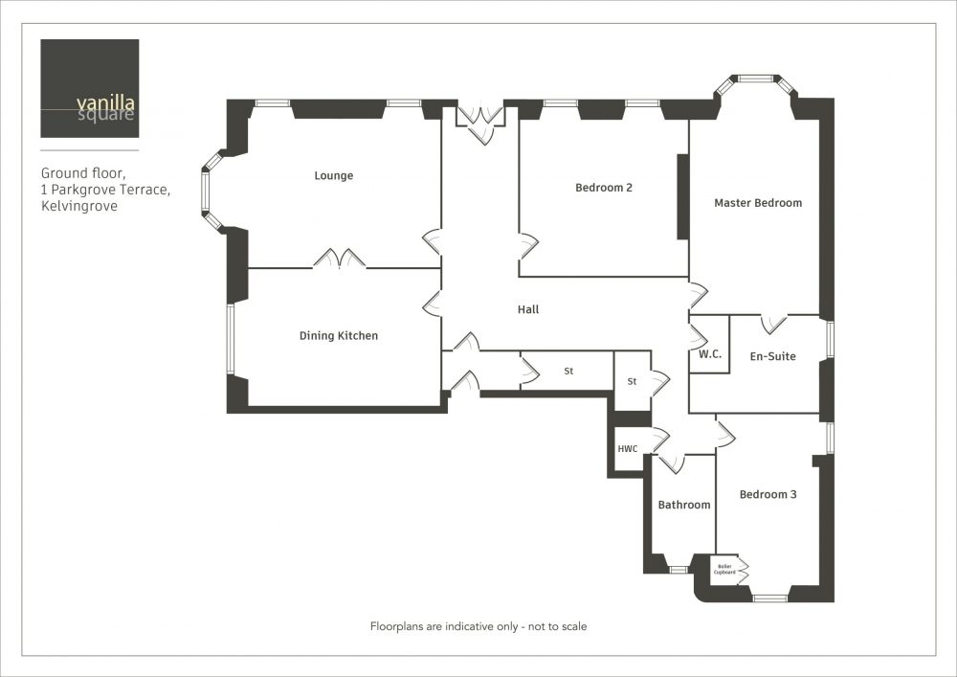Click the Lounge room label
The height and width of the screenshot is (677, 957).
click(x=333, y=176)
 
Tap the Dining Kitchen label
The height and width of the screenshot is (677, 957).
click(x=338, y=336)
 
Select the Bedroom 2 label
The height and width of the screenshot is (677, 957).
click(x=604, y=188)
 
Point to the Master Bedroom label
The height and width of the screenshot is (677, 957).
click(x=758, y=203)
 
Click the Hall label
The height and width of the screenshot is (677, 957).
click(x=528, y=309)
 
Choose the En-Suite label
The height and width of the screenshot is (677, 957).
click(x=772, y=356)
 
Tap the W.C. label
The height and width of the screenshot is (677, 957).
click(x=710, y=354)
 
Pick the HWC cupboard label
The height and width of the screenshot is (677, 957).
click(x=628, y=449)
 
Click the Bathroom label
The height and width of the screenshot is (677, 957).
click(x=684, y=505)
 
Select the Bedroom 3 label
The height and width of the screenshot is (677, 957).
click(x=768, y=494)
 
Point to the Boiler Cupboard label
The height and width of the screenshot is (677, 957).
click(x=724, y=569)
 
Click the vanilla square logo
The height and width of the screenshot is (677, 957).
click(x=90, y=88)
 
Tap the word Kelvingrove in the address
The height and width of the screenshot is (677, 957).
click(x=79, y=206)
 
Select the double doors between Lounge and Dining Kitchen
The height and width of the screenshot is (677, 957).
click(x=340, y=259)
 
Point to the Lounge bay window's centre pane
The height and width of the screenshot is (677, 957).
click(x=205, y=192)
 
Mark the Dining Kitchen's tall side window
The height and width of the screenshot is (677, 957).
click(x=231, y=339)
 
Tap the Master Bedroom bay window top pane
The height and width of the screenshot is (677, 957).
click(x=756, y=79)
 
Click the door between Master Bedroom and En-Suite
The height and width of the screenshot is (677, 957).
click(x=774, y=324)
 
